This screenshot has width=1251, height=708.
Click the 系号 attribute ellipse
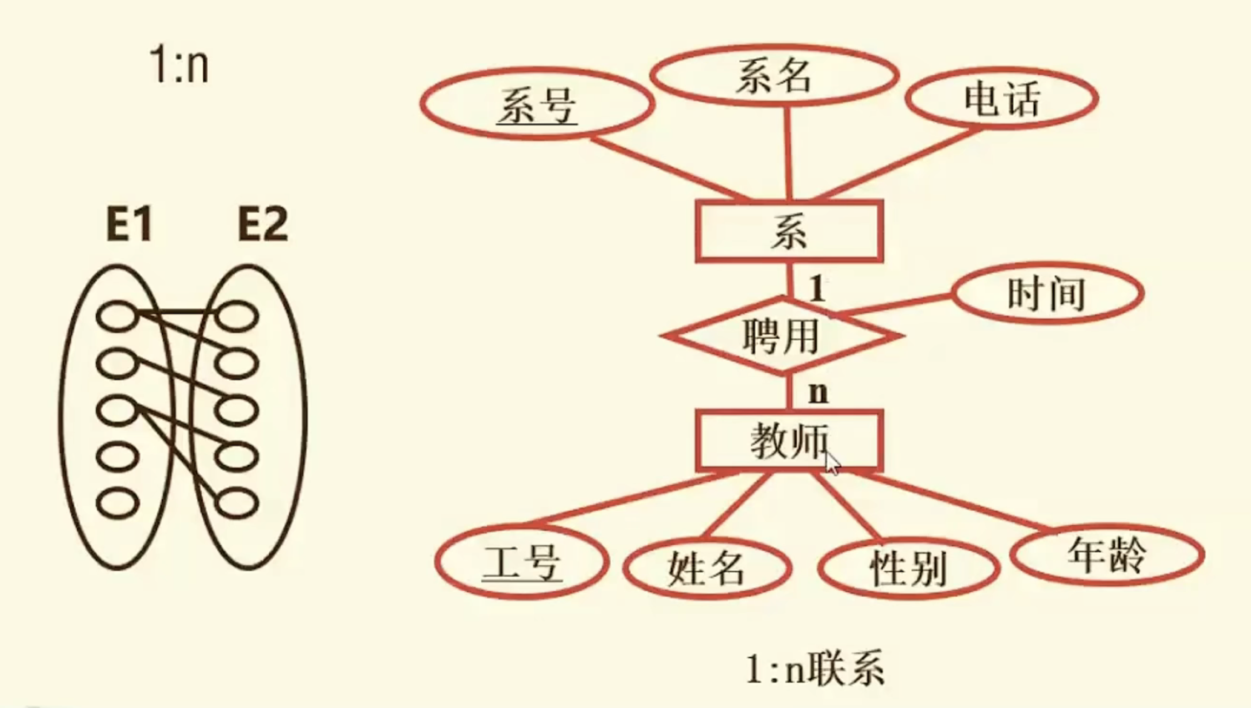(537, 104)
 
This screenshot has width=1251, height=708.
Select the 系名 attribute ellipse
(774, 77)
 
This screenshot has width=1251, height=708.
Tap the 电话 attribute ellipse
(1001, 99)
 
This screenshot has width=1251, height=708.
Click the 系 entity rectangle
(789, 231)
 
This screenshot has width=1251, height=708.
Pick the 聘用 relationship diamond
(782, 336)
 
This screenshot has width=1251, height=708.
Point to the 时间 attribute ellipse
(1047, 294)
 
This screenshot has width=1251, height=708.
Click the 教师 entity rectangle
(789, 440)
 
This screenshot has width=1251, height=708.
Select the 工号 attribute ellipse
(522, 561)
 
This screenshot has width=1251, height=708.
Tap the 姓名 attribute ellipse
(707, 569)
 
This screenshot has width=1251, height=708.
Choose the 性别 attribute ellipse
(909, 569)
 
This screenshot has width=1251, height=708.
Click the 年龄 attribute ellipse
(1107, 554)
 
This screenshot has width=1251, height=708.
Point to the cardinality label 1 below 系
(818, 289)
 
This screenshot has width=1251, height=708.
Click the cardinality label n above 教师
(818, 392)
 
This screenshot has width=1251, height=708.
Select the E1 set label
(129, 224)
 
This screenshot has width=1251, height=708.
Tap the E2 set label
(262, 224)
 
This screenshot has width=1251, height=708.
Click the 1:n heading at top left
(179, 64)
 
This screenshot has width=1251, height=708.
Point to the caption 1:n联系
(815, 669)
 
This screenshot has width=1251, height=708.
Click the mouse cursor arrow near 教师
(832, 463)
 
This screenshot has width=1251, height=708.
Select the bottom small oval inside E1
(118, 503)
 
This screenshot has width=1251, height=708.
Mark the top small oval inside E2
(237, 316)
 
